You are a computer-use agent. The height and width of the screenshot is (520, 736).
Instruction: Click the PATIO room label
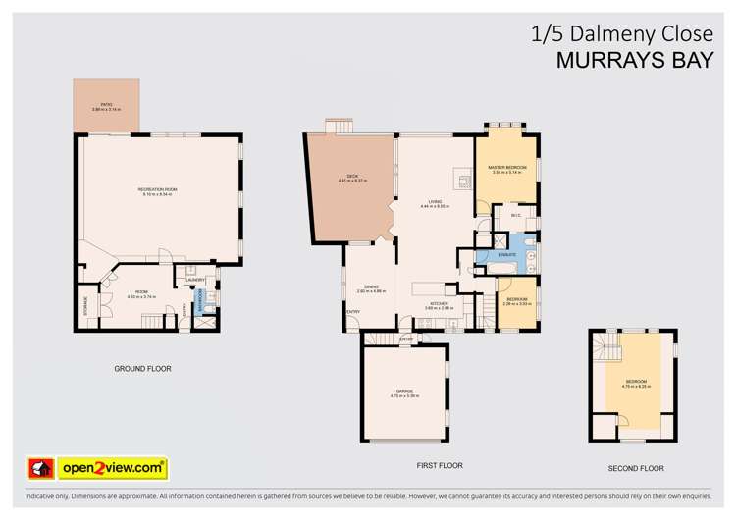[x=107, y=104]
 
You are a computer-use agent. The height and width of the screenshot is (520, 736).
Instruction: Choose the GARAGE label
[x=404, y=391]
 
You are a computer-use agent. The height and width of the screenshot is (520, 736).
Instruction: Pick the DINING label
[x=371, y=286]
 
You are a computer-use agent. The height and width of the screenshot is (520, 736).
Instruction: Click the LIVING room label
[x=435, y=202]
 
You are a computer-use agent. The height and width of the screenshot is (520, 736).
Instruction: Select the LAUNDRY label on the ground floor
[x=196, y=281]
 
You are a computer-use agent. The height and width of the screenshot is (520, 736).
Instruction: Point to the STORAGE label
[x=86, y=306]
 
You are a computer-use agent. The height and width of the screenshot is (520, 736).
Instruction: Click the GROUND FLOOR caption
[x=143, y=369]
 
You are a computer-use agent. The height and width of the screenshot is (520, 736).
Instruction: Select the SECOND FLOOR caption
[x=637, y=468]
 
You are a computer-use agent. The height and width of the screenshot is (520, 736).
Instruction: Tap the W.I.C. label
[x=501, y=214]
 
